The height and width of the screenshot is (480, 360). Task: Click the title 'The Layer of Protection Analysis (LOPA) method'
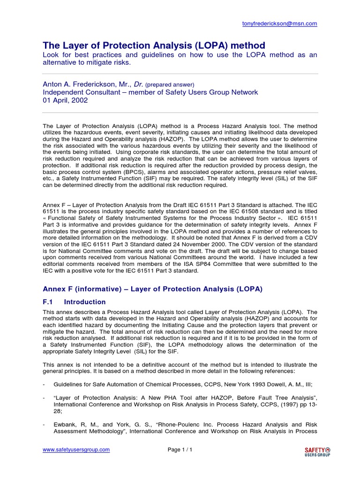point(154,45)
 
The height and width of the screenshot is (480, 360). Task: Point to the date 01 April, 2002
point(65,100)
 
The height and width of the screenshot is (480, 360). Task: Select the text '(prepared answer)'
point(170,85)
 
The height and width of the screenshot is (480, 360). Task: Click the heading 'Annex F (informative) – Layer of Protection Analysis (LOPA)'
point(152,289)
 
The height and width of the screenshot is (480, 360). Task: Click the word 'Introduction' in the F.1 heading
point(85,302)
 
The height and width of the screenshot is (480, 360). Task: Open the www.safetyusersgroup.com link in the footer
point(76,450)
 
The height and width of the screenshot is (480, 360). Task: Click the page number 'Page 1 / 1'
point(180,450)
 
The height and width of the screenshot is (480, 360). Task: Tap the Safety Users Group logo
point(317,451)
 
